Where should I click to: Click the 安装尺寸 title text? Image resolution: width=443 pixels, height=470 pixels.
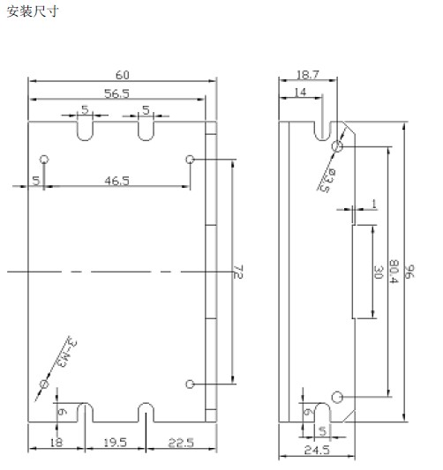pos(32,11)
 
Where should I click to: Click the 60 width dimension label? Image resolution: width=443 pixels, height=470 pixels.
pos(123,75)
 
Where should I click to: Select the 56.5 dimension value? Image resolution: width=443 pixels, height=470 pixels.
pos(116,93)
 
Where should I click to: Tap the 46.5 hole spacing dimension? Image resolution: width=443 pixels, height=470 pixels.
pos(116,181)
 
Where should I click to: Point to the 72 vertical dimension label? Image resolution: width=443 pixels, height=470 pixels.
pos(238,272)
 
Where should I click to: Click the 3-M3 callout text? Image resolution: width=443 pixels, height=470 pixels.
pos(66,353)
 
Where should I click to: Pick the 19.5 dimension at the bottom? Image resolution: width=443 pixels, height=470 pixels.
pos(116,443)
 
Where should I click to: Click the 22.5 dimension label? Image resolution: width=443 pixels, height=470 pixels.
pos(181,443)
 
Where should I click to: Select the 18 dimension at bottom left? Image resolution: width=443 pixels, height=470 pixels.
pos(56,443)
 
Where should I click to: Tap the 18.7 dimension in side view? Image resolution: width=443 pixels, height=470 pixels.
pos(308,75)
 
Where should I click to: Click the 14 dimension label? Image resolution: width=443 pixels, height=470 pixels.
pos(300,93)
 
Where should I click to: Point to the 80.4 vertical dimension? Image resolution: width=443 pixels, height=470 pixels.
pos(394,272)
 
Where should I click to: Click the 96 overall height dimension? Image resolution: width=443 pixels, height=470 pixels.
pos(409,272)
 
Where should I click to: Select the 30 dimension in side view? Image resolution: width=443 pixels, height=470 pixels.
pos(379,272)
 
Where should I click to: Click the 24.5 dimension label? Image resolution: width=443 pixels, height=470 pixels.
pos(317,450)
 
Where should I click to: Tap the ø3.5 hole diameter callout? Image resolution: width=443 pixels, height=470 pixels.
pos(327,180)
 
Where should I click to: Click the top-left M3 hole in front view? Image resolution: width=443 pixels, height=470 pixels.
pos(44,159)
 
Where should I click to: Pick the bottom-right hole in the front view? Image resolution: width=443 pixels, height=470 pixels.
pos(190,384)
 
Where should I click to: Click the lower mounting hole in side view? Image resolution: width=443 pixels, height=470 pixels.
pos(337,397)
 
